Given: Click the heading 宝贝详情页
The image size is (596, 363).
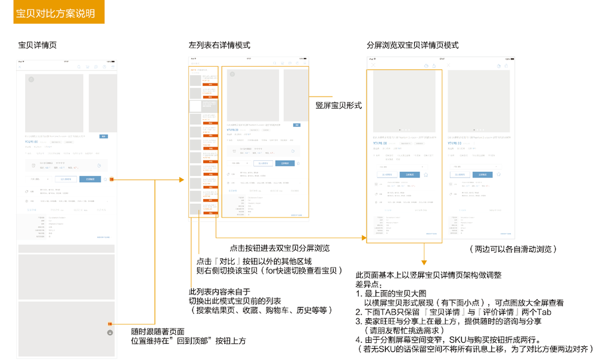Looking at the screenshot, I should (38, 45).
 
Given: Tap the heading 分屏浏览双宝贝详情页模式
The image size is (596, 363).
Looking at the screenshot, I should (412, 45).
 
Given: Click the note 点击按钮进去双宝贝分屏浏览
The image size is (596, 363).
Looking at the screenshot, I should (280, 248).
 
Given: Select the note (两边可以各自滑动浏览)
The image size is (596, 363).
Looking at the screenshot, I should (512, 249).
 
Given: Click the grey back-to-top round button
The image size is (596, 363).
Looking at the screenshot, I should (110, 332).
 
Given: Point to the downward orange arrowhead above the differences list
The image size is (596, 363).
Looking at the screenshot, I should (424, 262).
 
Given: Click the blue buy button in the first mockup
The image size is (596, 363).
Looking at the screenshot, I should (90, 179).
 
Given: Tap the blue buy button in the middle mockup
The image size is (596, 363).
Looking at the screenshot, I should (283, 163).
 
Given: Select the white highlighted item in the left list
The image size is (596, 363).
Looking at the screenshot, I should (195, 106).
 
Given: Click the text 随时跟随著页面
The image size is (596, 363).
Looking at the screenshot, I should (157, 331).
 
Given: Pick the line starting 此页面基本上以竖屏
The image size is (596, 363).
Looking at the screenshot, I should (429, 275).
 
